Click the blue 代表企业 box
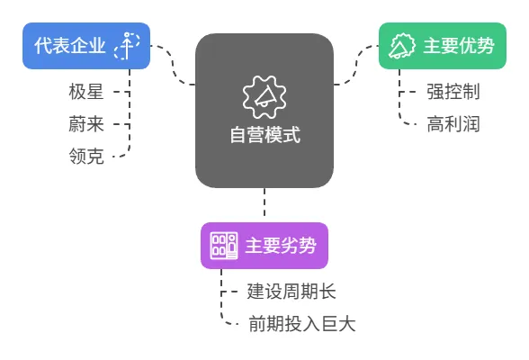[86, 46]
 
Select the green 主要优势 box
[443, 46]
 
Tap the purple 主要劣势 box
[264, 246]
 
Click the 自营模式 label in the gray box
[265, 135]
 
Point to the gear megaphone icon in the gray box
[264, 97]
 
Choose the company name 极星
[86, 92]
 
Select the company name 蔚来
[86, 124]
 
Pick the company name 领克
[86, 157]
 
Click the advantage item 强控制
[453, 92]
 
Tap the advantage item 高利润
[453, 124]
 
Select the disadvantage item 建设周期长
[291, 292]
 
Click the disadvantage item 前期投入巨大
[302, 324]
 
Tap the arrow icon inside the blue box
[127, 46]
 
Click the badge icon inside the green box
[402, 46]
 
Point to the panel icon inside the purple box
[224, 246]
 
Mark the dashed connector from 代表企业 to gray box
[173, 64]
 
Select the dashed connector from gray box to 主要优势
[356, 64]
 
